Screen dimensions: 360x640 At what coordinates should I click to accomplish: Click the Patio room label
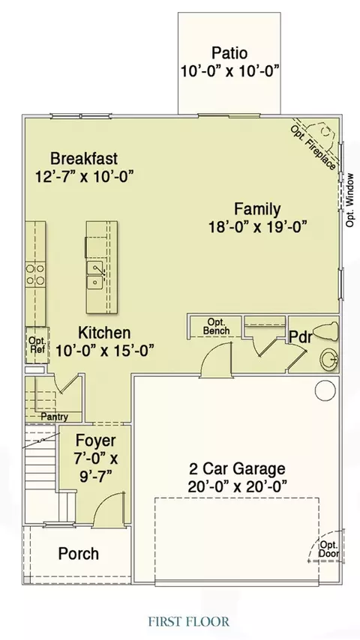pyautogui.click(x=229, y=53)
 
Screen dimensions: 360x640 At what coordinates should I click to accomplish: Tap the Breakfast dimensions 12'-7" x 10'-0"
pyautogui.click(x=85, y=177)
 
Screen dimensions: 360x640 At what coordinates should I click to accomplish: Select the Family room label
pyautogui.click(x=257, y=208)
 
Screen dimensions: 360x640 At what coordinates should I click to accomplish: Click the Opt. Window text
pyautogui.click(x=350, y=200)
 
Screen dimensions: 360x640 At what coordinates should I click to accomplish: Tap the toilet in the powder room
pyautogui.click(x=326, y=332)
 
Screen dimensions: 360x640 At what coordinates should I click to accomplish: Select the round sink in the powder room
pyautogui.click(x=329, y=360)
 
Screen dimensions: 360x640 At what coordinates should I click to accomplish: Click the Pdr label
pyautogui.click(x=301, y=337)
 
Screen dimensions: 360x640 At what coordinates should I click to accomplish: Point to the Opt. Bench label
pyautogui.click(x=216, y=327)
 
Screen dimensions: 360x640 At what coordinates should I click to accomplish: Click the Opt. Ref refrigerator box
pyautogui.click(x=37, y=345)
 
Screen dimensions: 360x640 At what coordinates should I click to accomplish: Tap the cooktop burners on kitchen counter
pyautogui.click(x=35, y=274)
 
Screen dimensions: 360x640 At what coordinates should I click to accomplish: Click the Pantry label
pyautogui.click(x=54, y=417)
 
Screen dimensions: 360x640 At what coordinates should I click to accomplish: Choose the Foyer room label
pyautogui.click(x=95, y=441)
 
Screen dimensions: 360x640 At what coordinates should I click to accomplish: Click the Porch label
pyautogui.click(x=79, y=554)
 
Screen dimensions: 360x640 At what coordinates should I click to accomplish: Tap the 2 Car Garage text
pyautogui.click(x=237, y=468)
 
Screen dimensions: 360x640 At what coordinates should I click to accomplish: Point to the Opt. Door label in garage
pyautogui.click(x=328, y=549)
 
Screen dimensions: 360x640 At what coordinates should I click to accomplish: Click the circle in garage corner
pyautogui.click(x=325, y=390)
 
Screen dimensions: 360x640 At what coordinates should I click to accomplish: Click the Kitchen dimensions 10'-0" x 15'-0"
pyautogui.click(x=104, y=351)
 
